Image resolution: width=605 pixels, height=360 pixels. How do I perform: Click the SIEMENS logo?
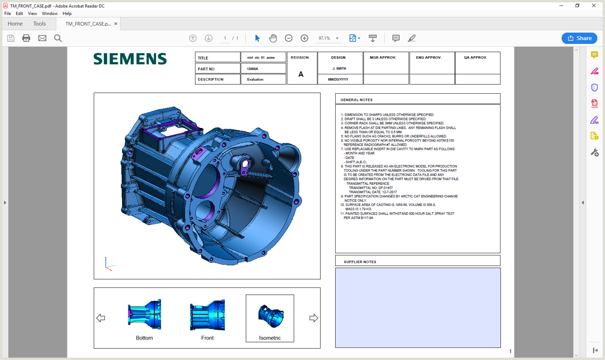[130, 59]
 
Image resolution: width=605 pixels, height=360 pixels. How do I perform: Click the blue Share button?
[579, 38]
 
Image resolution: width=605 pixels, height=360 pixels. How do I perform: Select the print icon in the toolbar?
[26, 38]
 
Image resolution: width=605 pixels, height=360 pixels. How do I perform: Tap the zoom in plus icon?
[305, 38]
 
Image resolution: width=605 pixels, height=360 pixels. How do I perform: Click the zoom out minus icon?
[289, 38]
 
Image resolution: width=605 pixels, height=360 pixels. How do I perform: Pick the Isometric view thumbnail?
[270, 318]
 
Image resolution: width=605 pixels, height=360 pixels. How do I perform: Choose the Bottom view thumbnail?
[144, 318]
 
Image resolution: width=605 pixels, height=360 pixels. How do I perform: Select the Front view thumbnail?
[207, 318]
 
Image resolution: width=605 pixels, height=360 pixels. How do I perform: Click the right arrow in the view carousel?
[314, 318]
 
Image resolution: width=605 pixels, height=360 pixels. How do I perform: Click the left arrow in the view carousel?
[100, 318]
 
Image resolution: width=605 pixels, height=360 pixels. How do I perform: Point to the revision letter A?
[301, 74]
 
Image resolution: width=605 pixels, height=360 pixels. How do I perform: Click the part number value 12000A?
[253, 69]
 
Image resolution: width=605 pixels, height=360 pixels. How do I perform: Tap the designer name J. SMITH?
[339, 68]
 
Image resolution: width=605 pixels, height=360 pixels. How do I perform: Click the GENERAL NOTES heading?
[356, 100]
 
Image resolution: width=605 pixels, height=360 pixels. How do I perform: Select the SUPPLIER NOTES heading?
[359, 262]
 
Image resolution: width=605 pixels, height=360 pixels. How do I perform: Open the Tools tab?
[39, 24]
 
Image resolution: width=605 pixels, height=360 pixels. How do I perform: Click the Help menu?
[67, 14]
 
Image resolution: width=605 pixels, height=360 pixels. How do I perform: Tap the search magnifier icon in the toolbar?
[58, 38]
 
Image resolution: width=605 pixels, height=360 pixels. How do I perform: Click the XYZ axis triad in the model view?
[109, 264]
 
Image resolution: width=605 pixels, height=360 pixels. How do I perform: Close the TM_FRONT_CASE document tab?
[116, 24]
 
